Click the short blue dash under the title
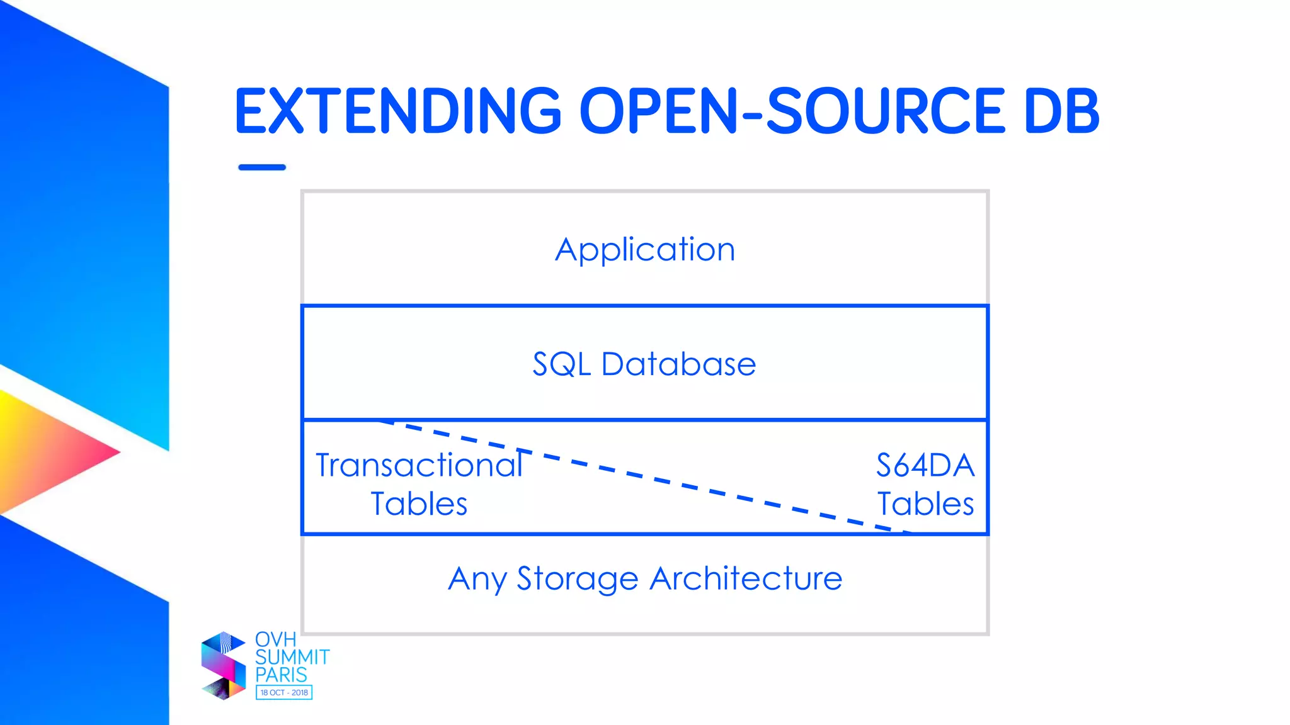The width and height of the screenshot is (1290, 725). [262, 167]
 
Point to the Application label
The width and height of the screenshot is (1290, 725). [645, 249]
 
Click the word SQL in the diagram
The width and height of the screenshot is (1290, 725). [561, 364]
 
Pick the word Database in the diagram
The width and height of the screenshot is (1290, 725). [678, 364]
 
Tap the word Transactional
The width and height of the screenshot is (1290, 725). [419, 466]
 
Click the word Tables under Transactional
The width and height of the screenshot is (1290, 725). [419, 504]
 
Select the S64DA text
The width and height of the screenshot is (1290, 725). [925, 466]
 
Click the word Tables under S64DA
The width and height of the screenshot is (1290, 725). [925, 504]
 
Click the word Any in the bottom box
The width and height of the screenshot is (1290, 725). [476, 579]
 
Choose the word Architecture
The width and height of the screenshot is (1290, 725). [746, 578]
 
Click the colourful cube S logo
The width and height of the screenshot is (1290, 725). [223, 666]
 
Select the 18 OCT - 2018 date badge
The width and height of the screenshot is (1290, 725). [284, 692]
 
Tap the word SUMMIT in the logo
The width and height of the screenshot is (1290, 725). [292, 657]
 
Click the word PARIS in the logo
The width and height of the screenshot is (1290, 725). [281, 675]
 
